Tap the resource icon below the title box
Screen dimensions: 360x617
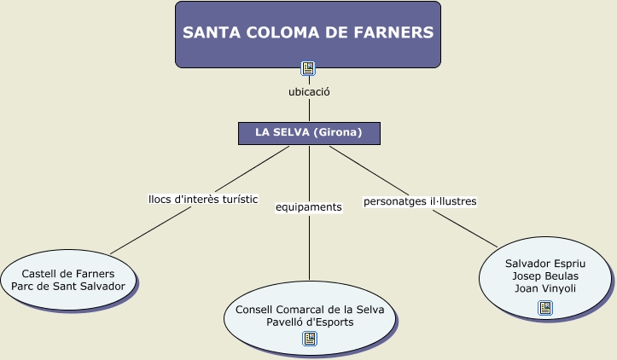[x=309, y=68]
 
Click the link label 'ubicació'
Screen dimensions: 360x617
[x=309, y=91]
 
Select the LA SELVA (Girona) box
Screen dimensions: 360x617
[x=308, y=133]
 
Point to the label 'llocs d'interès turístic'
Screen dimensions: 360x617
[x=203, y=200]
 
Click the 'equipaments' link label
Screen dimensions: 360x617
[x=309, y=206]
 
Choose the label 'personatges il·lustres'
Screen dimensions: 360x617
[x=420, y=202]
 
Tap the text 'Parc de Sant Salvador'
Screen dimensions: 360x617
[x=68, y=286]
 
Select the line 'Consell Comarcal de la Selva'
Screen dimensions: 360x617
[x=310, y=310]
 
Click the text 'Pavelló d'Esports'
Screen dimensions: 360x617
[x=310, y=322]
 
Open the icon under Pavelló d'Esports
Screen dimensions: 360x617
[x=310, y=339]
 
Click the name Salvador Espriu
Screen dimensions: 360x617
[x=545, y=264]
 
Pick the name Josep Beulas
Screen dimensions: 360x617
[x=545, y=276]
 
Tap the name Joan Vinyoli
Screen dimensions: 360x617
[x=545, y=287]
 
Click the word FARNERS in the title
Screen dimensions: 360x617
[x=392, y=33]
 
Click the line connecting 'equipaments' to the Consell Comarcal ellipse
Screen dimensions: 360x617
[x=309, y=247]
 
